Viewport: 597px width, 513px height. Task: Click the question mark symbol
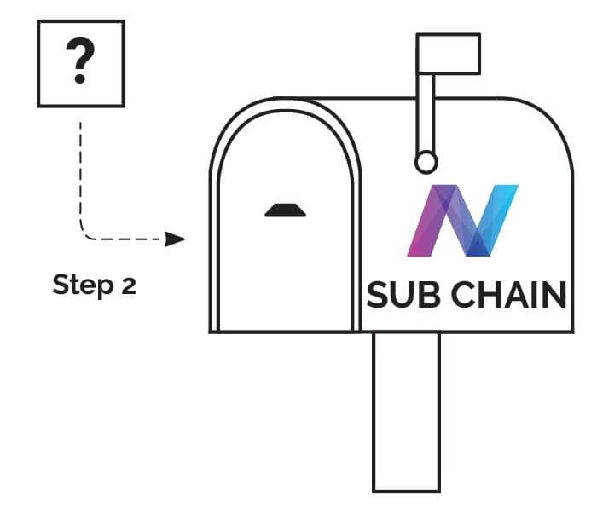pyautogui.click(x=80, y=63)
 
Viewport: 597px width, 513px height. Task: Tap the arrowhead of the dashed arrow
pyautogui.click(x=176, y=239)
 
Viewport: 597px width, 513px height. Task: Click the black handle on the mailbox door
pyautogui.click(x=285, y=210)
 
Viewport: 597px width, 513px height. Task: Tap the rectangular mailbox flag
pyautogui.click(x=448, y=54)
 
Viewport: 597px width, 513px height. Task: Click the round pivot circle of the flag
pyautogui.click(x=426, y=161)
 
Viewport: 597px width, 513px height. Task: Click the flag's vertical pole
pyautogui.click(x=426, y=111)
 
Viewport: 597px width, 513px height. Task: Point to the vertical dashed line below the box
pyautogui.click(x=80, y=170)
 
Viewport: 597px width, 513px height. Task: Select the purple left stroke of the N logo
pyautogui.click(x=424, y=226)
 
